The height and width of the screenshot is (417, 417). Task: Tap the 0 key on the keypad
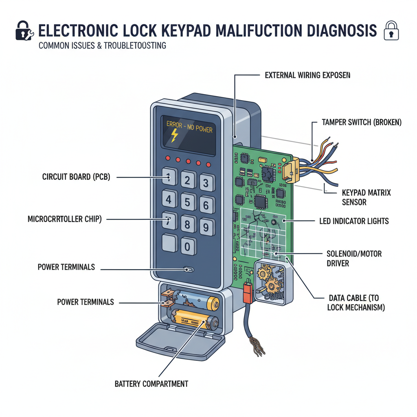[x=188, y=246]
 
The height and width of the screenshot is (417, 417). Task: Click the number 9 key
[x=206, y=226]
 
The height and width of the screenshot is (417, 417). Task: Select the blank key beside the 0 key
[x=169, y=244]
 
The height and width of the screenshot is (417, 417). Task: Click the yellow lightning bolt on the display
[x=174, y=136]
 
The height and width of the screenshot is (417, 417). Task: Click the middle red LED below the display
[x=188, y=161]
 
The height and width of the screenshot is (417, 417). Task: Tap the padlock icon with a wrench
[x=24, y=32]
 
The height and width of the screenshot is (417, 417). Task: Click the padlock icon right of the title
[x=392, y=32]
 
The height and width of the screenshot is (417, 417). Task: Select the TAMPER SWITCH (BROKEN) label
[x=362, y=122]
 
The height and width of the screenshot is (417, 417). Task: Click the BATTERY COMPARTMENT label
[x=151, y=384]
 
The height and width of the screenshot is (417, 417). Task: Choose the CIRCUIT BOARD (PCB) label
[x=76, y=177]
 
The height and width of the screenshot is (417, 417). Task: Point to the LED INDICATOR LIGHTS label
[x=354, y=221]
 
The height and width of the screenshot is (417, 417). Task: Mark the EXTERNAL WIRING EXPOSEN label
[x=307, y=75]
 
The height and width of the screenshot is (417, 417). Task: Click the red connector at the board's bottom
[x=247, y=292]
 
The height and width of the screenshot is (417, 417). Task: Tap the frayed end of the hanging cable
[x=257, y=346]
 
